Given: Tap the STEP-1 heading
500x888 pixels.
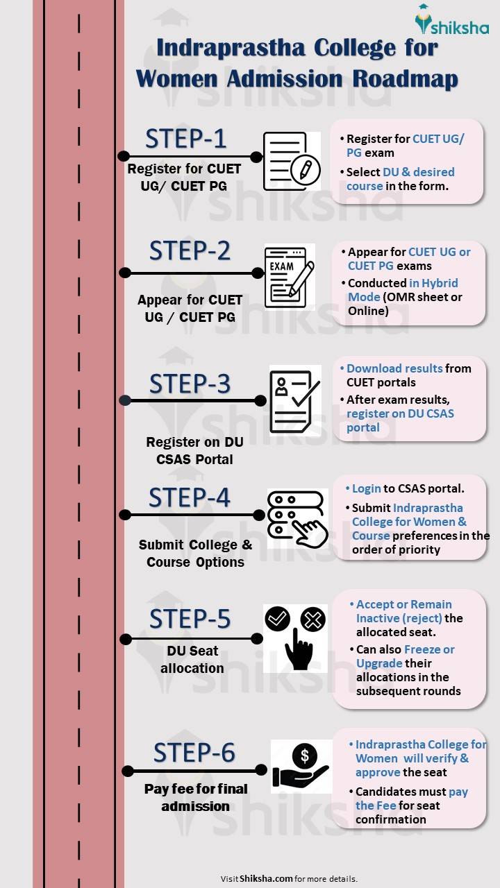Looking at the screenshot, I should (185, 139).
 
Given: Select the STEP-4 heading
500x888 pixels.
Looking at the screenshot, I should (189, 497).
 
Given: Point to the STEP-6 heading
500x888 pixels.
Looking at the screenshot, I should (194, 752).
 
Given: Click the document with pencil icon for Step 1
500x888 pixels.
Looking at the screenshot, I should (291, 162).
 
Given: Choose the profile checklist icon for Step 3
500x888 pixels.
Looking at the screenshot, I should (294, 400).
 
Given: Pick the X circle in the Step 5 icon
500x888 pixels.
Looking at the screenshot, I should (312, 619).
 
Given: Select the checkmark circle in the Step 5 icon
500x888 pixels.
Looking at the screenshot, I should (278, 618).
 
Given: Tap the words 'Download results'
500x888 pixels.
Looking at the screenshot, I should (394, 368).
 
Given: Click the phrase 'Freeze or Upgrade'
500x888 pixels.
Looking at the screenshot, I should (406, 656).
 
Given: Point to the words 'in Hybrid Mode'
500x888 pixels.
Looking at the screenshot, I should (403, 290).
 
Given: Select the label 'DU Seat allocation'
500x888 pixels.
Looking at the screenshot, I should (192, 660).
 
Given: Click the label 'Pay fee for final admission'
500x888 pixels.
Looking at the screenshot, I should (196, 797).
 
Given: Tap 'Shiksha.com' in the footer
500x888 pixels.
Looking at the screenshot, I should (266, 878).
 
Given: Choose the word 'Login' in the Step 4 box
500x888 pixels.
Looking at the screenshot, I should (367, 488).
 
